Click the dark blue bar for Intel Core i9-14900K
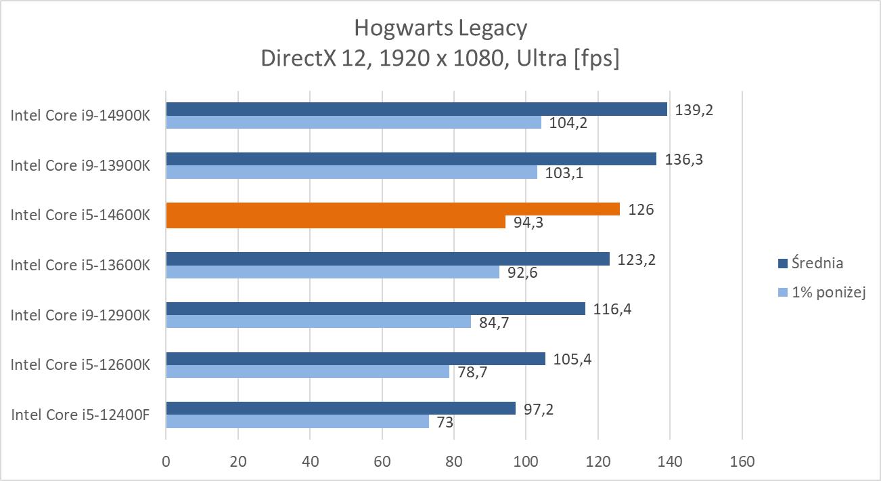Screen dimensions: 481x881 416,109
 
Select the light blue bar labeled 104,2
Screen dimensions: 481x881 353,123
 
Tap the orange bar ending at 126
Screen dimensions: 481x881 392,209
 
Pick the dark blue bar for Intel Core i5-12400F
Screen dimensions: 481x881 340,409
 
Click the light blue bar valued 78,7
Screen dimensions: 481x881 307,372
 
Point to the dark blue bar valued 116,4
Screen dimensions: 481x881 376,309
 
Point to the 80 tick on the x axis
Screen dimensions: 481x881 454,462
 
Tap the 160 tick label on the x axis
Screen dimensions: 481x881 742,462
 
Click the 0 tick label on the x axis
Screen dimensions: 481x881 166,462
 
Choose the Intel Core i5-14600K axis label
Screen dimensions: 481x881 80,215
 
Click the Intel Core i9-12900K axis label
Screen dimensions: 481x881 80,315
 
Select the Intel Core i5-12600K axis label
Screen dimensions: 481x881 80,365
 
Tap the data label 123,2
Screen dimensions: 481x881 631,259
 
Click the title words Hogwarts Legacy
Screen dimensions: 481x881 440,28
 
